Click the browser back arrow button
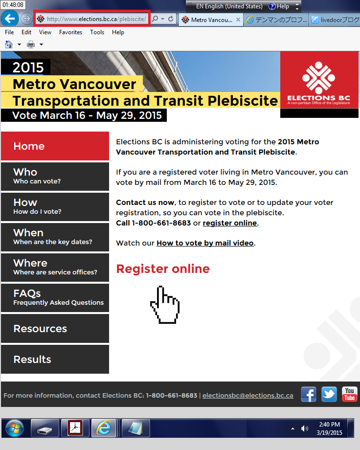10,19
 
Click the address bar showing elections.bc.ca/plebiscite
92,19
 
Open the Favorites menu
70,32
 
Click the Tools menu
97,32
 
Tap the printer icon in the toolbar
31,45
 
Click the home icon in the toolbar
9,45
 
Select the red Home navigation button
55,146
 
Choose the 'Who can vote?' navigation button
55,177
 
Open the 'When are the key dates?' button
55,237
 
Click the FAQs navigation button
55,298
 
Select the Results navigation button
55,359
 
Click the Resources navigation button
55,328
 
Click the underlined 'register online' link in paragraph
230,223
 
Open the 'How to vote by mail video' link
205,243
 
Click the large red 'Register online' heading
163,269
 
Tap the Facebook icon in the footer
309,394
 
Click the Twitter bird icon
329,394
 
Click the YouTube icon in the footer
350,394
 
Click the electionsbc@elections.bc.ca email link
248,396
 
